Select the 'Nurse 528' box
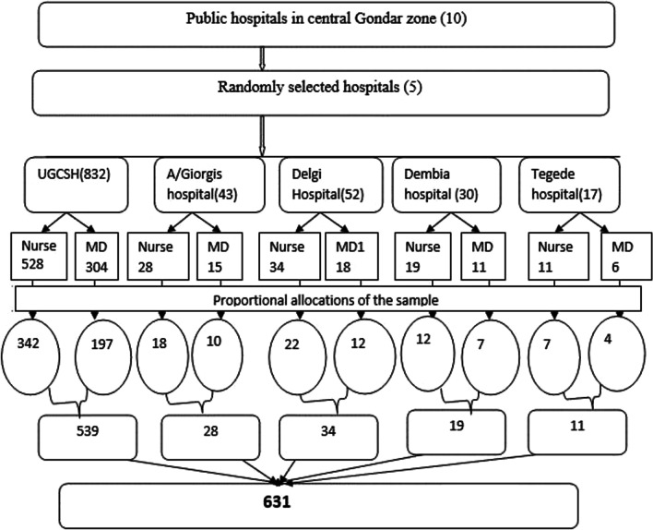coord(35,256)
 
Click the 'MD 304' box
coord(95,256)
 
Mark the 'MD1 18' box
coord(348,256)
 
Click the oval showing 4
coord(619,351)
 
